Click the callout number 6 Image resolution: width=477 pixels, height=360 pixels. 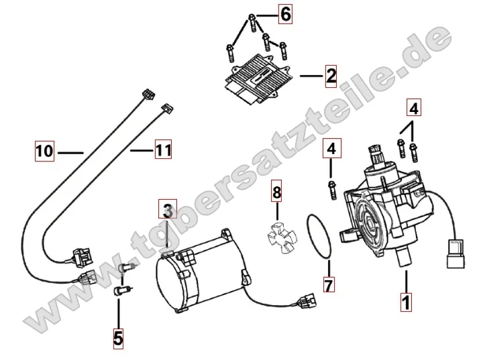(x=285, y=14)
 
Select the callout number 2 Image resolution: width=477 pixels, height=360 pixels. (x=331, y=76)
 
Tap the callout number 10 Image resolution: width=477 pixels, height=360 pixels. (x=45, y=151)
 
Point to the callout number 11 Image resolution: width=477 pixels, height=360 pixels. (x=163, y=149)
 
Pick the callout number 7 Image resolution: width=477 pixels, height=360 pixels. (x=329, y=284)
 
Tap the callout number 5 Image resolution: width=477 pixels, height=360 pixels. (x=117, y=339)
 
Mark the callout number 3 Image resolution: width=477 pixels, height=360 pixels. (x=168, y=209)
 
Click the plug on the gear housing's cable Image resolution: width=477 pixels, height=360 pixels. (x=456, y=254)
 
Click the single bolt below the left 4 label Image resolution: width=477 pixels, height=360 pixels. (x=332, y=190)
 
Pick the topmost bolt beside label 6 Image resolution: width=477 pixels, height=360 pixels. (x=252, y=23)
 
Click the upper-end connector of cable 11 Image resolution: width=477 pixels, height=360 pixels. (x=166, y=108)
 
